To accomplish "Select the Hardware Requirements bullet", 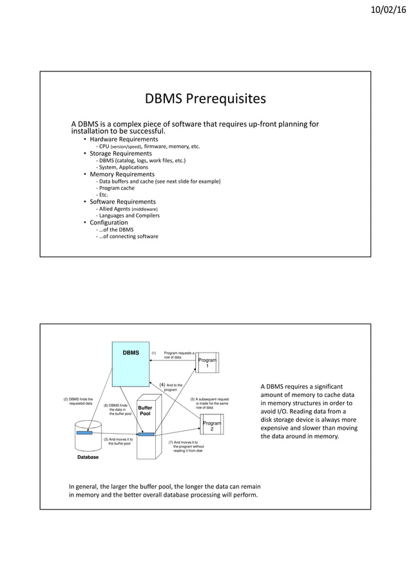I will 124,140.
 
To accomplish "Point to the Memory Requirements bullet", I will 122,174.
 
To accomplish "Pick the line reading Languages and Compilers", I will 128,216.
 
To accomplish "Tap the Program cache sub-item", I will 116,188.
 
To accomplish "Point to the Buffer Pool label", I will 146,410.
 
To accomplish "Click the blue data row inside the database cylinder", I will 84,432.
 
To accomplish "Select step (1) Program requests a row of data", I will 177,355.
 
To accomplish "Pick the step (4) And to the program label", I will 171,387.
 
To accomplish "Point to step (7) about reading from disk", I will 186,447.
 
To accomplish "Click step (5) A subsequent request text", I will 209,403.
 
